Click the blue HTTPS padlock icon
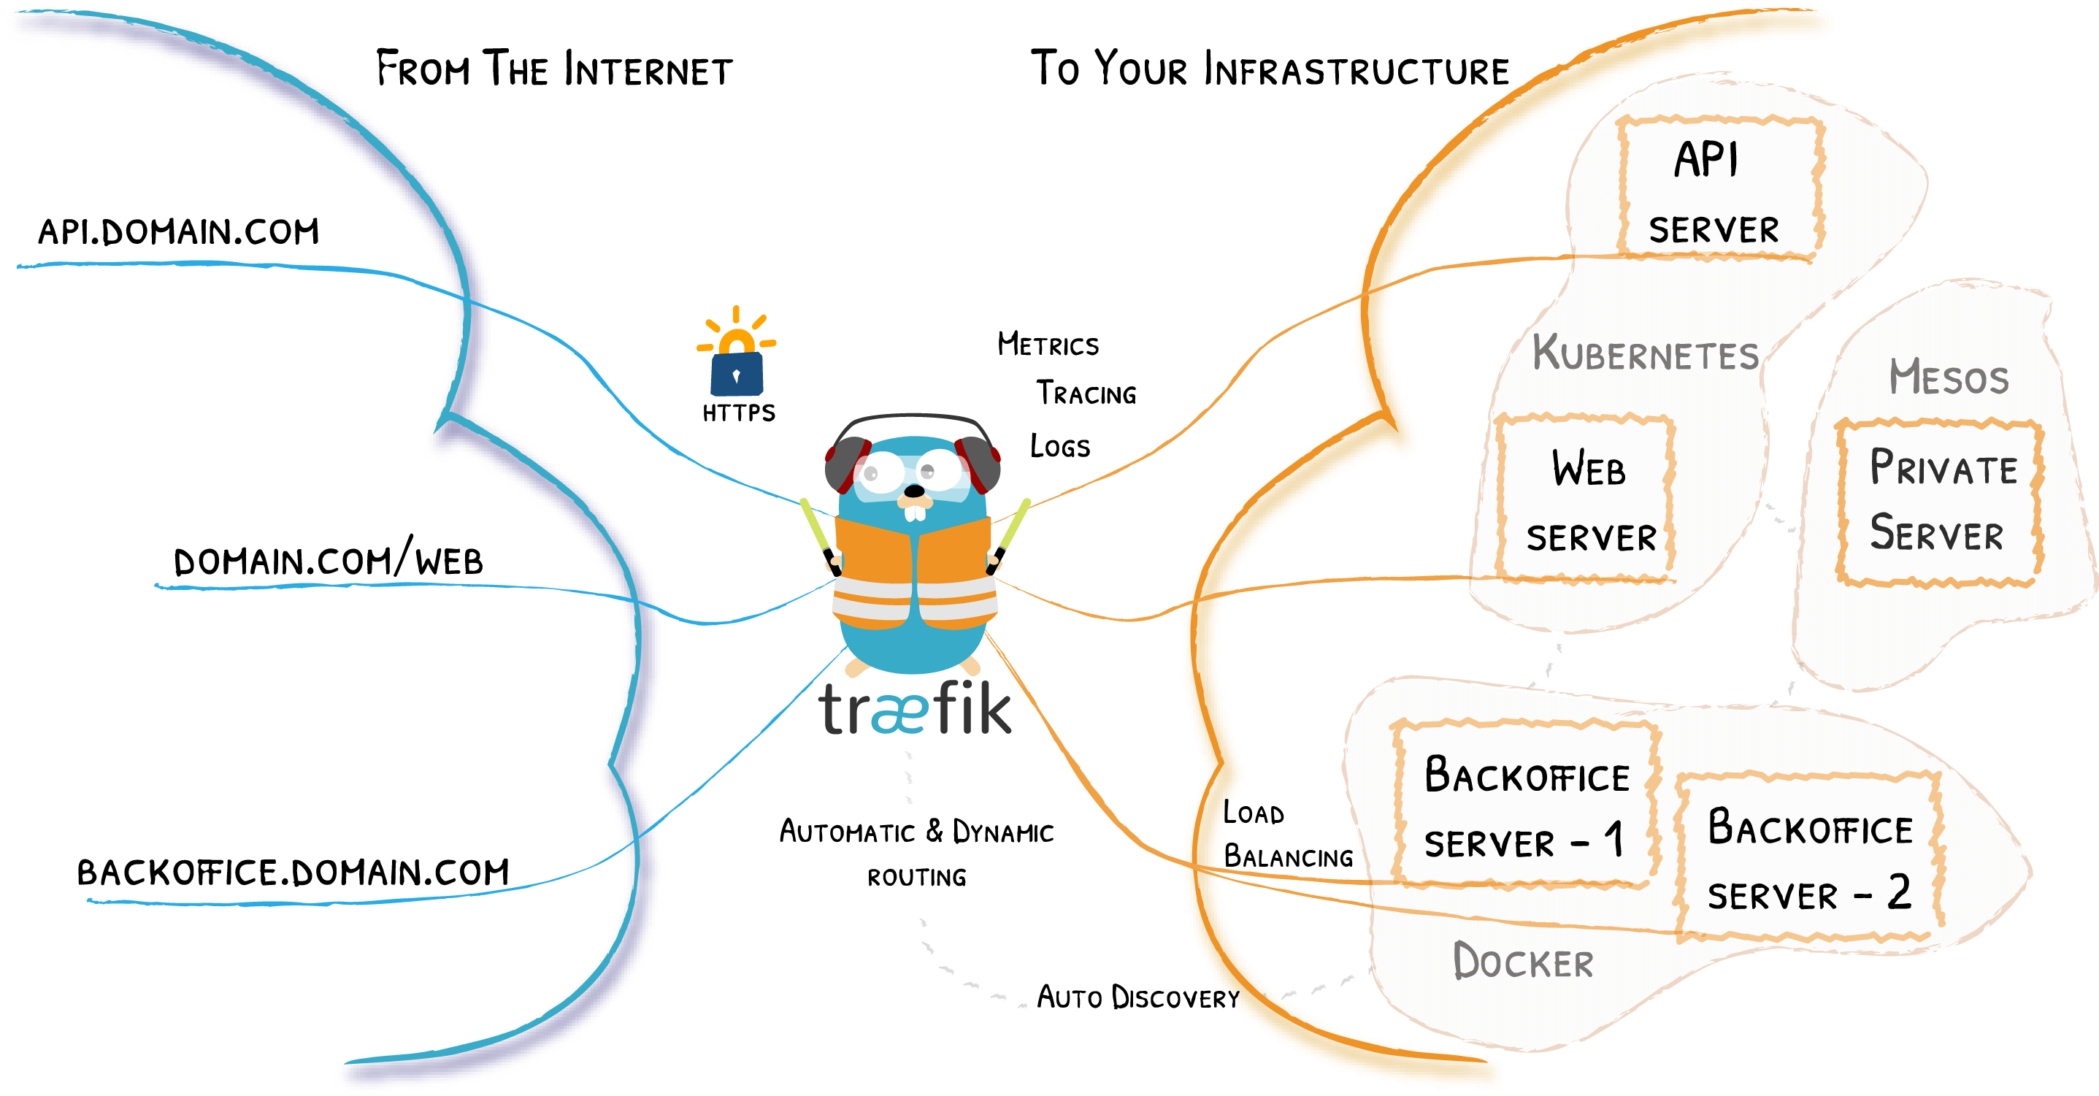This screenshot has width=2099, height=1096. [737, 373]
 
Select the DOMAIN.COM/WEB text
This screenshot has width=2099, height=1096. [329, 560]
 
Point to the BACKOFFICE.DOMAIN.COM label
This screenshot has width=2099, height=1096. [293, 873]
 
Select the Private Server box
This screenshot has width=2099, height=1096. [1939, 501]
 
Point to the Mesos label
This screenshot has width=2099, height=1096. [1949, 378]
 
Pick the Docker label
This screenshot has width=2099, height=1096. [1522, 962]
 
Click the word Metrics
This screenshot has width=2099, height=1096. [1048, 345]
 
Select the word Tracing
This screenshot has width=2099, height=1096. [1086, 394]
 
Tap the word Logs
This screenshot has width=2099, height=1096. [1059, 447]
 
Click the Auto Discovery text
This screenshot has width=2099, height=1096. [1137, 997]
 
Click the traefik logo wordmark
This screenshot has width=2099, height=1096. [915, 709]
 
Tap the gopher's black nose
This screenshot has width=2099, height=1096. [915, 491]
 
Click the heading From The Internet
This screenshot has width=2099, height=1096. [554, 70]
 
